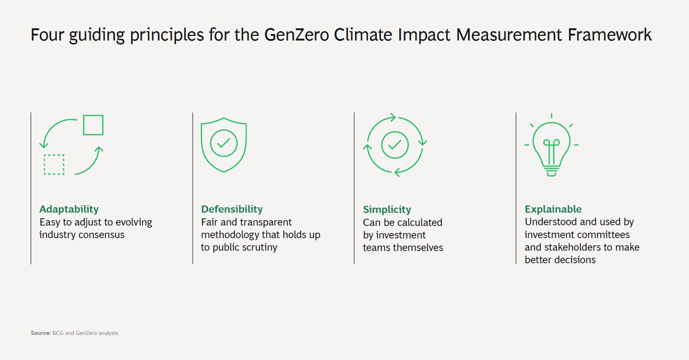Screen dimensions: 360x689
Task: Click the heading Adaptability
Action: click(69, 209)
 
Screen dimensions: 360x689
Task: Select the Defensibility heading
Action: click(232, 209)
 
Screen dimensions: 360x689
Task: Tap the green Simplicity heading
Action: click(387, 210)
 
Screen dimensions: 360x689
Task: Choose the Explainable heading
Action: click(553, 209)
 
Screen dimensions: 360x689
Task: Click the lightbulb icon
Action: click(551, 146)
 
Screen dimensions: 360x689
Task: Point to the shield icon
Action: click(223, 144)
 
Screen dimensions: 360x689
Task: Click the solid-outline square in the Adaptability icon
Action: click(93, 125)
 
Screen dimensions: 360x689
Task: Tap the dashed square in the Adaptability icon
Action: click(54, 165)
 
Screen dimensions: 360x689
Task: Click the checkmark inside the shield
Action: click(223, 143)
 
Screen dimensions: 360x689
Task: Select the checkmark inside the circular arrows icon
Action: click(395, 145)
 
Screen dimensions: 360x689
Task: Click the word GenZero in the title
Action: click(297, 35)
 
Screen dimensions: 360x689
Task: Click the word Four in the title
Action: click(47, 35)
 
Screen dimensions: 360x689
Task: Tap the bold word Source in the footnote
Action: click(40, 333)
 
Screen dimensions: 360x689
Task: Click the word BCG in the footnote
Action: click(58, 333)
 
